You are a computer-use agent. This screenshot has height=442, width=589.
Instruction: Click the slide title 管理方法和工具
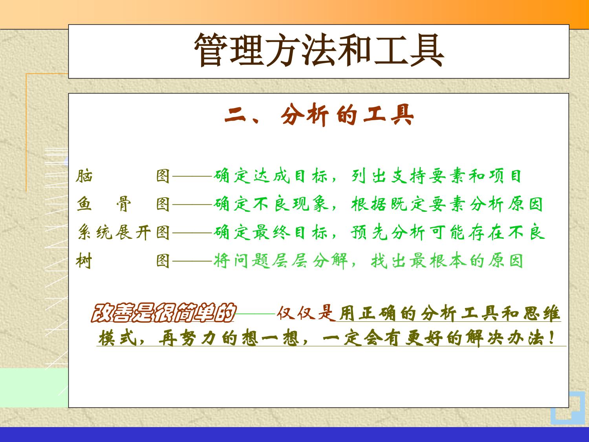[319, 50]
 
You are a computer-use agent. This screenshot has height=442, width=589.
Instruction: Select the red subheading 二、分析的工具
[319, 115]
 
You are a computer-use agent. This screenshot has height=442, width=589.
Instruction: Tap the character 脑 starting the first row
[84, 176]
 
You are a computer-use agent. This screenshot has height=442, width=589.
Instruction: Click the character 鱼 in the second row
[84, 204]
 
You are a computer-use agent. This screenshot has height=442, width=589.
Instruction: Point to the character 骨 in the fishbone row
[124, 204]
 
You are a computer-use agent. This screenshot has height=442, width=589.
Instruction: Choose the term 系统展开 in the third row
[114, 233]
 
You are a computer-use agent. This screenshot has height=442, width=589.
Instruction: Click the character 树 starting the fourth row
[84, 261]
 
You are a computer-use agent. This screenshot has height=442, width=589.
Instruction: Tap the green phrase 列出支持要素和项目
[436, 176]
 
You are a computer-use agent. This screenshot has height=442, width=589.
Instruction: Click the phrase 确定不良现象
[271, 204]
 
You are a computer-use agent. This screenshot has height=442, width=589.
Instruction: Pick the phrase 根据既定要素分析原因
[447, 204]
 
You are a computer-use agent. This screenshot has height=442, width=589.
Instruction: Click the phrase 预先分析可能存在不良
[448, 233]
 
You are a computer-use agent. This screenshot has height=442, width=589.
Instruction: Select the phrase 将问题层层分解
[281, 261]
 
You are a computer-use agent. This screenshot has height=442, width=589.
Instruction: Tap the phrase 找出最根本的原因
[447, 261]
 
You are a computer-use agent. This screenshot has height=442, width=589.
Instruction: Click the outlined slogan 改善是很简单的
[163, 313]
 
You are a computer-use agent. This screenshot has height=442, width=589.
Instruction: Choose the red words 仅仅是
[306, 313]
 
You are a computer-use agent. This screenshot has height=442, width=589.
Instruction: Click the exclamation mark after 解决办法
[552, 338]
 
